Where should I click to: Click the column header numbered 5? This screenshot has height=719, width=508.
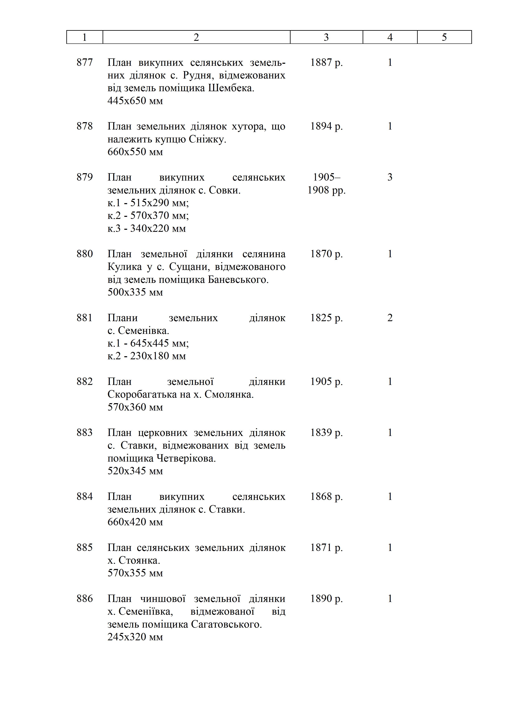click(444, 37)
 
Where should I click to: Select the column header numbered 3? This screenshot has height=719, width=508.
click(326, 37)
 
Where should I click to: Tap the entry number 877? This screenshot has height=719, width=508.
click(85, 63)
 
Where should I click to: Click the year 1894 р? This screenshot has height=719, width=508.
click(326, 126)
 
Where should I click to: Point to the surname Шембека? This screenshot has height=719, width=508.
click(231, 88)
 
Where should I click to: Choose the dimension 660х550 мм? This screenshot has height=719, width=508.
click(135, 152)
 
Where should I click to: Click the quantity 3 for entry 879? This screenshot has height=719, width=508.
click(390, 177)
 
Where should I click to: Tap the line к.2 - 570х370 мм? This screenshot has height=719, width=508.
click(148, 215)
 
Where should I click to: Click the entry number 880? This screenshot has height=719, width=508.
click(85, 254)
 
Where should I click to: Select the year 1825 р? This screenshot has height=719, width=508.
click(326, 318)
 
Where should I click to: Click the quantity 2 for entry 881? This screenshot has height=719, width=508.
click(390, 318)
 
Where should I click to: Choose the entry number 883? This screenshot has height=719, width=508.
click(85, 432)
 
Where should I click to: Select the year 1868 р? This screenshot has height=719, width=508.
click(326, 496)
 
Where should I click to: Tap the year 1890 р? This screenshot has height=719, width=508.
click(326, 599)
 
